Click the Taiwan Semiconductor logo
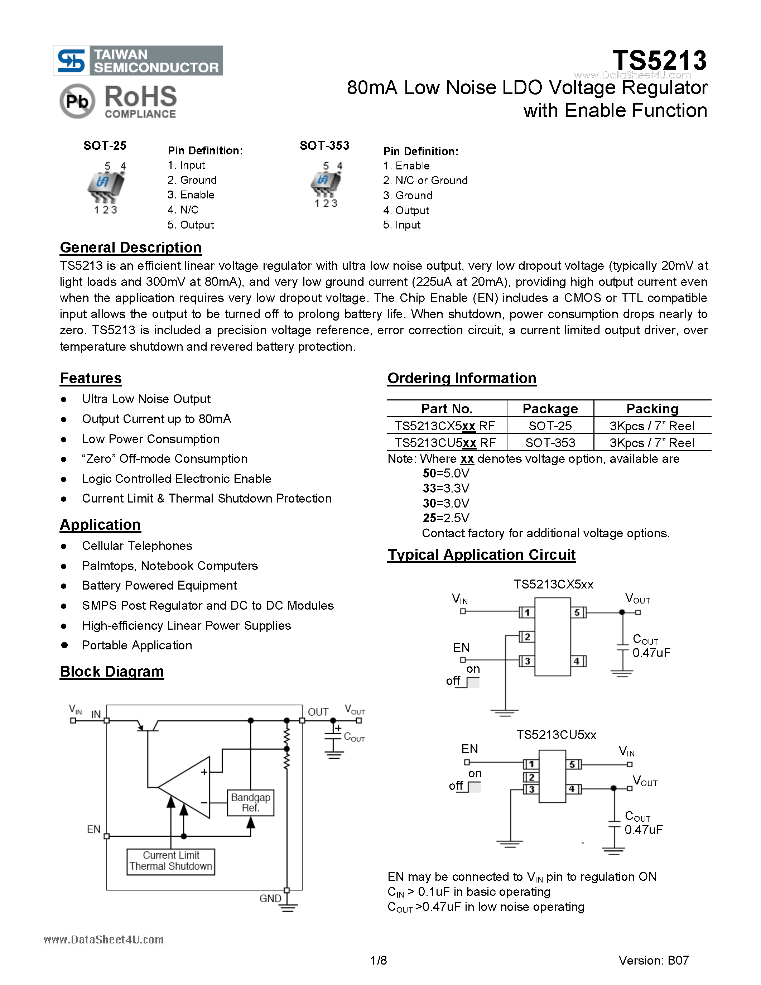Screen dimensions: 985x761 point(138,61)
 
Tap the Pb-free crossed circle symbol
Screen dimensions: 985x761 point(77,101)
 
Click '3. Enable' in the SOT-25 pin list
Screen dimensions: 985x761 point(191,195)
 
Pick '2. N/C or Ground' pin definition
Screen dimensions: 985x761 point(425,181)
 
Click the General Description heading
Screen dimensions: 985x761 point(130,248)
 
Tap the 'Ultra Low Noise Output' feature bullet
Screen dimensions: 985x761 point(146,399)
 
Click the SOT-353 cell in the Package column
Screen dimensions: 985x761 point(550,442)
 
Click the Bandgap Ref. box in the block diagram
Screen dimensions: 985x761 point(251,802)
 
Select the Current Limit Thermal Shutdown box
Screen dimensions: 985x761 point(171,861)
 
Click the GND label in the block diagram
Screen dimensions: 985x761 point(270,898)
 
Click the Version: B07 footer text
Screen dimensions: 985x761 point(653,960)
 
